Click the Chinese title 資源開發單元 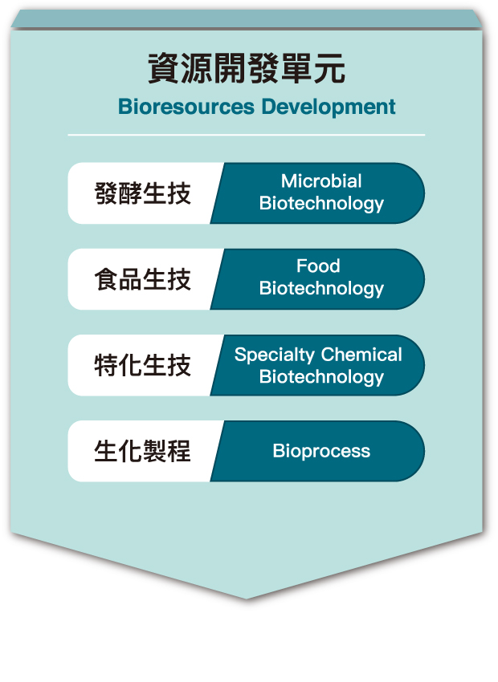[247, 69]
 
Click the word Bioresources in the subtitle [186, 107]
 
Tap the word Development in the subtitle [329, 108]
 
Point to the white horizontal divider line [247, 136]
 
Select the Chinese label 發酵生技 [143, 193]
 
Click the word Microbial [321, 181]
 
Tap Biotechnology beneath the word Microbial [321, 204]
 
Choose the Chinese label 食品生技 [143, 279]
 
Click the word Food [318, 266]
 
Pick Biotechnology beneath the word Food [321, 288]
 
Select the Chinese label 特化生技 [143, 365]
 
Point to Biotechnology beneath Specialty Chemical [321, 376]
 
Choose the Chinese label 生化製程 [143, 451]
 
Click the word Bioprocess [321, 452]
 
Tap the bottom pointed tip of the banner [247, 599]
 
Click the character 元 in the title [329, 69]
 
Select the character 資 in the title [164, 69]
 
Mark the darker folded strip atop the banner [247, 19]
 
